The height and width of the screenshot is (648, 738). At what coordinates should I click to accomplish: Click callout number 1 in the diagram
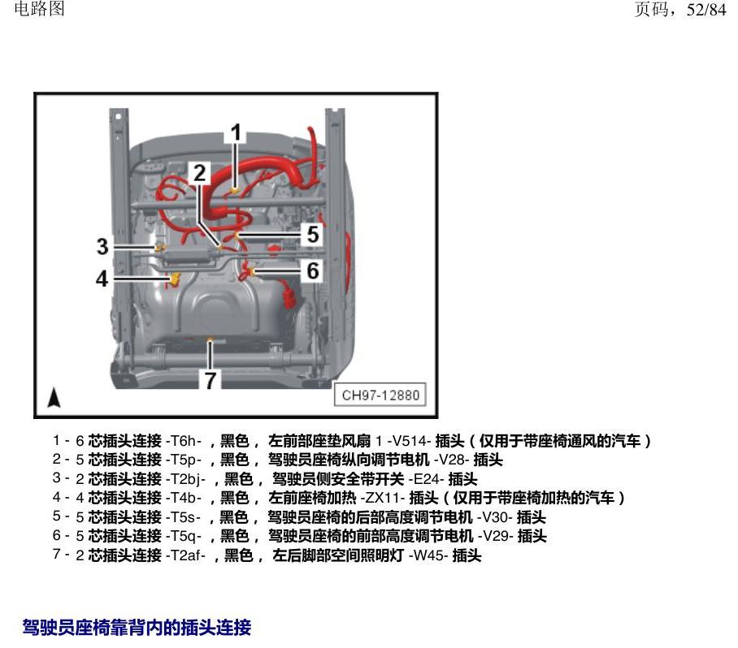coord(236,132)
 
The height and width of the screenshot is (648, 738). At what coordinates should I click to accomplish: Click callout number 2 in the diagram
coord(200,173)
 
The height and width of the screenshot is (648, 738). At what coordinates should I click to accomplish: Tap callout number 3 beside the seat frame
coord(102,246)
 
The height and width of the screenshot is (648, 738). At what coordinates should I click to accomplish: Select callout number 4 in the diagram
coord(102,279)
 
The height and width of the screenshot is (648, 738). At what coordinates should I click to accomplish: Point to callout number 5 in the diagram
coord(313,234)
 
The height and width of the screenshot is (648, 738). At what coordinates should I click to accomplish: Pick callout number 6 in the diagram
coord(313,271)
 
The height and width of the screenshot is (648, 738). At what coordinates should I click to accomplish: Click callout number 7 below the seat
coord(210,380)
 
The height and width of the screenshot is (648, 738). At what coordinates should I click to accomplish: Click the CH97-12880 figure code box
coord(380,395)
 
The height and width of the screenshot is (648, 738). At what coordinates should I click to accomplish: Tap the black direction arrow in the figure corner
coord(54,397)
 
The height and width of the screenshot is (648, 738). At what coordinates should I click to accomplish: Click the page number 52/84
coord(706,10)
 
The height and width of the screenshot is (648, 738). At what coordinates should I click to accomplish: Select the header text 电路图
coord(40,8)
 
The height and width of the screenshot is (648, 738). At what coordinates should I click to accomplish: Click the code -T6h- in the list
coord(184,441)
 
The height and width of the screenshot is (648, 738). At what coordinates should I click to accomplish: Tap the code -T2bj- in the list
coord(185,479)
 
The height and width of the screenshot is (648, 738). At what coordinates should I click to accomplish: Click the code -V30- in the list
coord(495,517)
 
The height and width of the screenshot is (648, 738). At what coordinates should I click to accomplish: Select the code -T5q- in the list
coord(184,536)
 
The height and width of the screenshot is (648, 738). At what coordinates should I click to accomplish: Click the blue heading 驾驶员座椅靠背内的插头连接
coord(137,628)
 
